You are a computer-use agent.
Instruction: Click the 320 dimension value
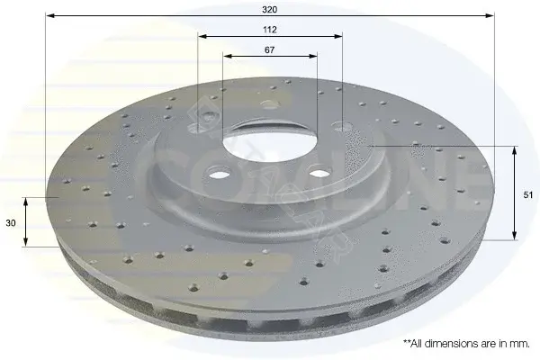269,10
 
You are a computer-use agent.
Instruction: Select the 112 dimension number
270,30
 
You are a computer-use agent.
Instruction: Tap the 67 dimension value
269,50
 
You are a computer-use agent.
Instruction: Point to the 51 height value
528,195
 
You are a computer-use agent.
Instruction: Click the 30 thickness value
11,223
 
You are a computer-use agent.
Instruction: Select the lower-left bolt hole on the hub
219,173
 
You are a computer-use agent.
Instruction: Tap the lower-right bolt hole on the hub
320,172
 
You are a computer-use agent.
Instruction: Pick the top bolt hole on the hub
270,104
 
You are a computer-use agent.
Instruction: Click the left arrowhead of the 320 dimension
50,15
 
